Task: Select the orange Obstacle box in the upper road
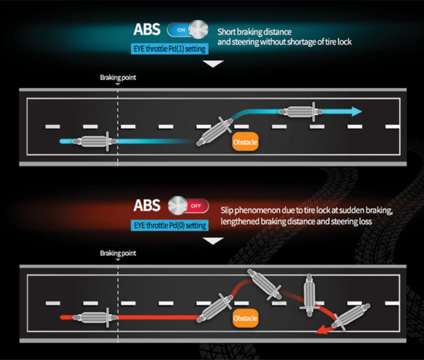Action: pos(246,143)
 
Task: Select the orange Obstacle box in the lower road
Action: pos(246,318)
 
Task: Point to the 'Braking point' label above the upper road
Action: pos(118,78)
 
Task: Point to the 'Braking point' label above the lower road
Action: pos(118,253)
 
